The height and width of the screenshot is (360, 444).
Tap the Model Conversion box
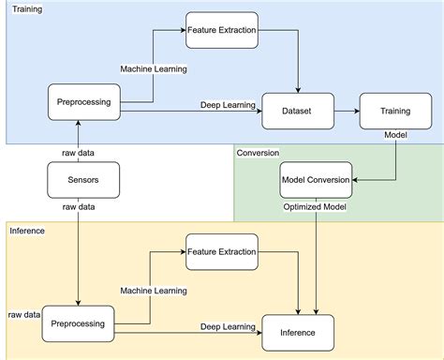(316, 179)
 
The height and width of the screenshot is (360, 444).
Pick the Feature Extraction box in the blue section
(222, 30)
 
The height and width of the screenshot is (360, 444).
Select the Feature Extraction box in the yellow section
(222, 253)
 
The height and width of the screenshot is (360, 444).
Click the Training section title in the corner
(26, 8)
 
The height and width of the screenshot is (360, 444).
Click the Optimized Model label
(316, 205)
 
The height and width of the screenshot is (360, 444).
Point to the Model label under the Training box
(394, 135)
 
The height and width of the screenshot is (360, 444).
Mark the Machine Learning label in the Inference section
(153, 292)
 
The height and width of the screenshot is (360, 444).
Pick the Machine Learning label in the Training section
(153, 69)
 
